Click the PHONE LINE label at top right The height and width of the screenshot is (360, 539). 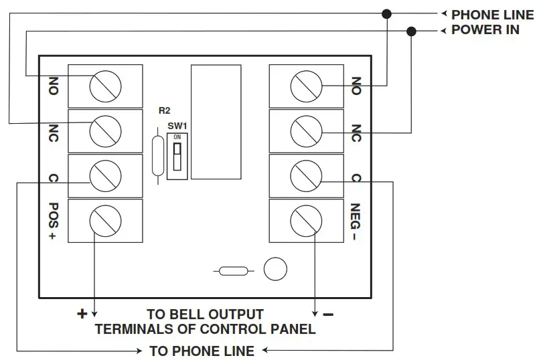click(493, 14)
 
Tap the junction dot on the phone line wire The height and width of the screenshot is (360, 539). click(386, 13)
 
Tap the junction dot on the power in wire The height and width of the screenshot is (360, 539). click(412, 31)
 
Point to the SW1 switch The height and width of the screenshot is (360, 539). click(177, 157)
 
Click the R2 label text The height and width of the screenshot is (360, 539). click(163, 110)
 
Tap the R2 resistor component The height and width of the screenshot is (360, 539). click(157, 155)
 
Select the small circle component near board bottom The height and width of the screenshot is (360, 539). click(275, 269)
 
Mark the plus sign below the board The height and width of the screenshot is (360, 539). click(82, 313)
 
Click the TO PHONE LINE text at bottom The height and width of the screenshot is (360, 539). click(202, 351)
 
